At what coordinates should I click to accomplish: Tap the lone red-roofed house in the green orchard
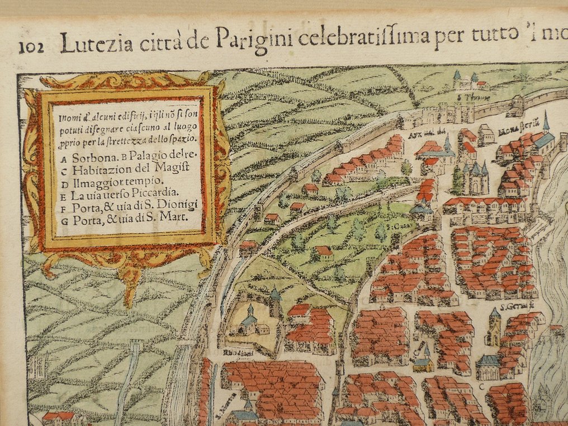[x=323, y=251]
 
